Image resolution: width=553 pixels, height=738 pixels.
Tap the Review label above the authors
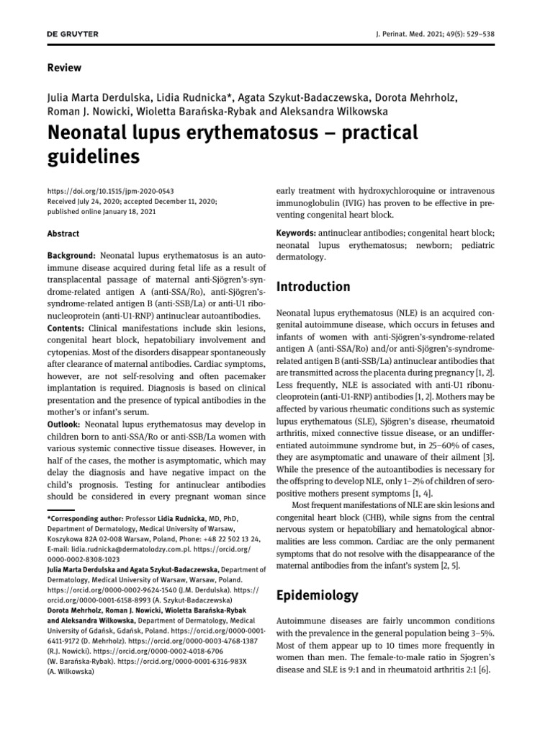64,68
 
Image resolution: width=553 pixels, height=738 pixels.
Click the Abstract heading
63,234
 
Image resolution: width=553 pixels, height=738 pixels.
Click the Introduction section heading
314,287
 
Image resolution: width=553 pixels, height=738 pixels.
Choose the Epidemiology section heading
318,595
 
